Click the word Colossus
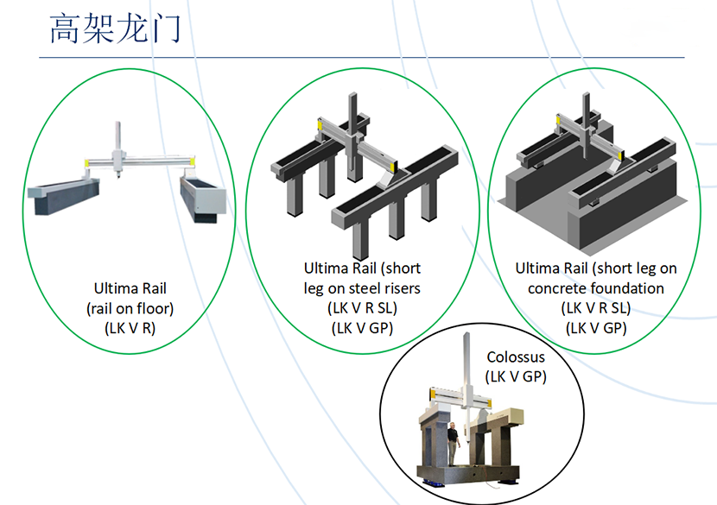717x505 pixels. [x=516, y=357]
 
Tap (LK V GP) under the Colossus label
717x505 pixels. [x=516, y=376]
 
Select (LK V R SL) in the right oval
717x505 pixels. [x=595, y=307]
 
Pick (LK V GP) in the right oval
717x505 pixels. [x=595, y=326]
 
